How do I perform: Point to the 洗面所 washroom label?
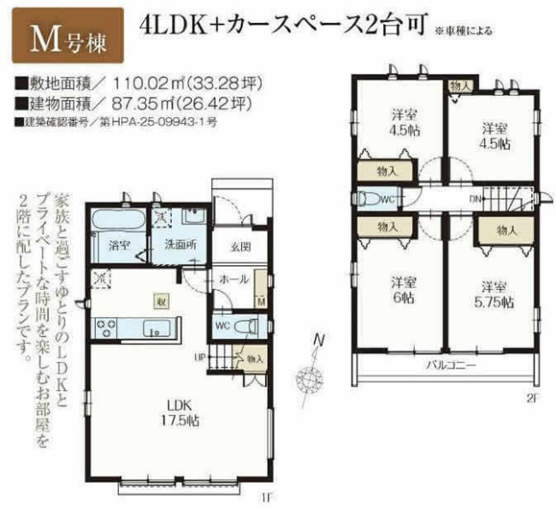point(180,245)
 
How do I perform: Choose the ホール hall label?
point(234,280)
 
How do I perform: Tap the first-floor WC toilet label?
point(222,325)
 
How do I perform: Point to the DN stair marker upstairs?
point(474,198)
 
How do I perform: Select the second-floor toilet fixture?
point(373,199)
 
